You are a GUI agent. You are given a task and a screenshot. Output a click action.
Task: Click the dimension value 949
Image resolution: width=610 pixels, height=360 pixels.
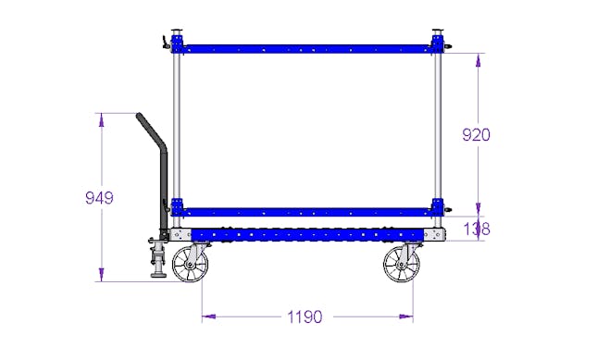(99, 198)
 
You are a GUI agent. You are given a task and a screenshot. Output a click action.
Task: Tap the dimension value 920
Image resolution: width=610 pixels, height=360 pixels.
(476, 135)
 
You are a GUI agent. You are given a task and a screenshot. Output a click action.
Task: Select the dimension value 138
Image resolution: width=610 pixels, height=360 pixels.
(477, 229)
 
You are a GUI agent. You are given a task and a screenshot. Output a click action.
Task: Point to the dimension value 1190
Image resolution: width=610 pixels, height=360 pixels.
(305, 317)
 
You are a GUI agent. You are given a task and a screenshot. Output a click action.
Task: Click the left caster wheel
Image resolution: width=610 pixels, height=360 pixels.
(190, 265)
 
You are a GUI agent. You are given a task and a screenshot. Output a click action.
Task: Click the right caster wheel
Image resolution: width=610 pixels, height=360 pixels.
(402, 265)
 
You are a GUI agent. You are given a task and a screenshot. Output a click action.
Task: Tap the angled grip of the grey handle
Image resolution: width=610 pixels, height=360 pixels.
(151, 130)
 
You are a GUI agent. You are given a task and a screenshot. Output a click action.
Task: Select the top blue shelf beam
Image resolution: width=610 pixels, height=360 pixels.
(307, 49)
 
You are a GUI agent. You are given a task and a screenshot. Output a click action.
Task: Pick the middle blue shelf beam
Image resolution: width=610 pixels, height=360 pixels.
(307, 212)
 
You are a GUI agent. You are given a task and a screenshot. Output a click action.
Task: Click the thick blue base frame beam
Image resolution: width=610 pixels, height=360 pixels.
(307, 235)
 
